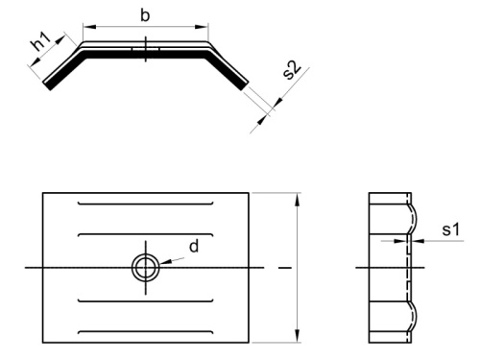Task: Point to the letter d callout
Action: pos(194,247)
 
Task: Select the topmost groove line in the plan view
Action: pos(145,204)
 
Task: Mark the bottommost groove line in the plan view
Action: pos(145,331)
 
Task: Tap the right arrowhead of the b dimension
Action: pos(204,26)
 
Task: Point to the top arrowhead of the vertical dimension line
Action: pos(299,198)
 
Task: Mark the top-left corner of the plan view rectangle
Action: pos(42,193)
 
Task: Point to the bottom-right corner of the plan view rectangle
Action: pos(250,342)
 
